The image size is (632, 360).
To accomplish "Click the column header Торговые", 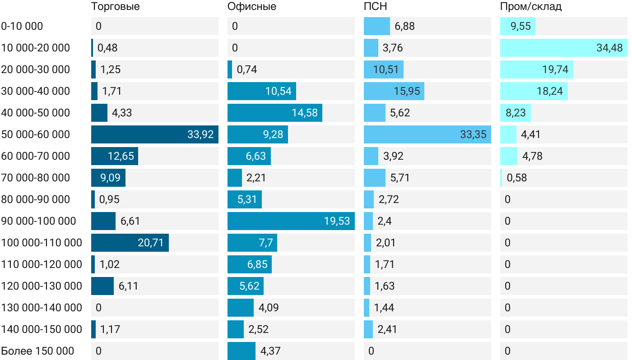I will tap(115, 7).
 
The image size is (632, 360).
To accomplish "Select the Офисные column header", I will tap(252, 7).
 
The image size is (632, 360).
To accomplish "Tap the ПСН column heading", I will tap(376, 7).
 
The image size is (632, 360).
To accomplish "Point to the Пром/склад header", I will tap(531, 7).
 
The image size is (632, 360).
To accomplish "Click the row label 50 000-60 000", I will tap(36, 134).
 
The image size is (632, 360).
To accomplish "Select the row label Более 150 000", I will tap(37, 351).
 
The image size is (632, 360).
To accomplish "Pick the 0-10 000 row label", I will tap(22, 26).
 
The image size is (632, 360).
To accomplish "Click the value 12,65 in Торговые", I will tap(121, 156).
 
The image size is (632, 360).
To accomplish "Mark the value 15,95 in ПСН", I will tap(407, 91).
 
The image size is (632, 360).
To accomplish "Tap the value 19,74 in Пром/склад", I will tap(555, 69).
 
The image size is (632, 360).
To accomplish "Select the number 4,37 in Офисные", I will tap(270, 351).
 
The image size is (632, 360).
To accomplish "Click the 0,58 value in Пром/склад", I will tap(517, 178).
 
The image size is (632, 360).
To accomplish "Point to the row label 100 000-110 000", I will tap(42, 243).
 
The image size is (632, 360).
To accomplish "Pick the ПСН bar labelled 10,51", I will tap(384, 69).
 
